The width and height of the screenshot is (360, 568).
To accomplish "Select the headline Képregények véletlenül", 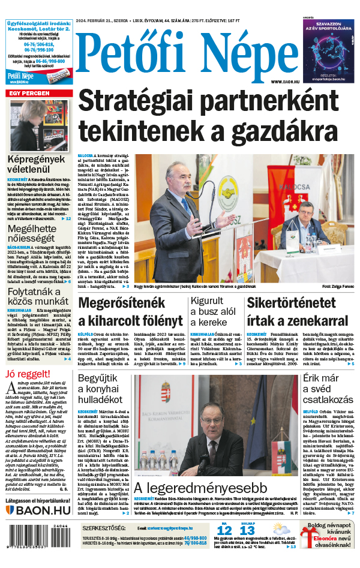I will (x=37, y=165).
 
